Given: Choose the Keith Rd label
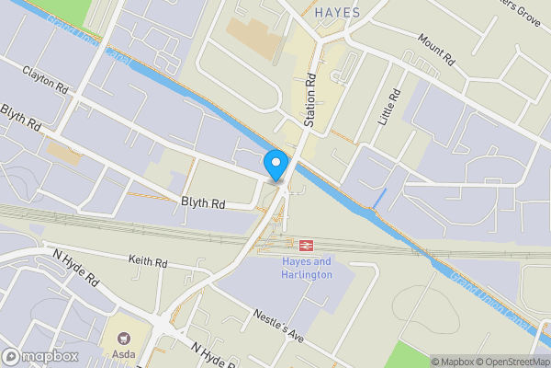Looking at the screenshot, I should pos(148,263).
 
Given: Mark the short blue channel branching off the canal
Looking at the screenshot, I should pos(377,197).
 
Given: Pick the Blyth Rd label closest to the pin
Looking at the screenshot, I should pos(203,201).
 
